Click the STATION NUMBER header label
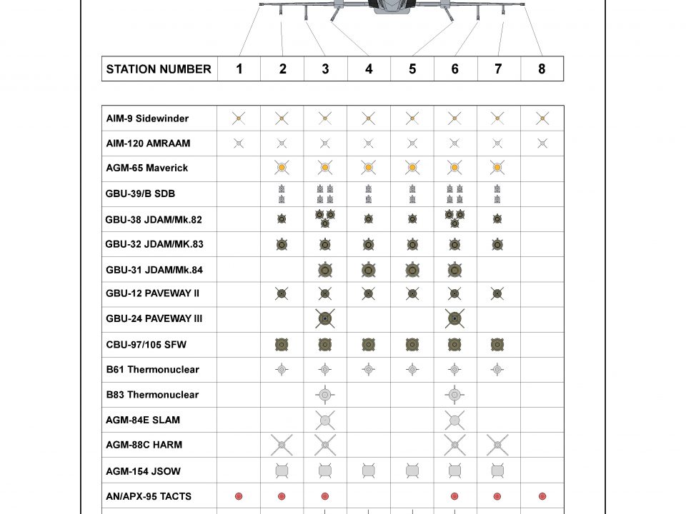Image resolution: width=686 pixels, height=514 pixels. coord(159,69)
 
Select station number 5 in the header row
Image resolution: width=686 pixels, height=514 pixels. coord(412,69)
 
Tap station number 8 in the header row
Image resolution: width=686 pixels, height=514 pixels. coord(542,69)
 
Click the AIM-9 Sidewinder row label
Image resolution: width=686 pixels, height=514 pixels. coord(147,119)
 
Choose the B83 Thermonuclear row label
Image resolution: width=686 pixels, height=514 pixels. coord(152,394)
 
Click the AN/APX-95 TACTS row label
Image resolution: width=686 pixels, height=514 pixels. coord(149,496)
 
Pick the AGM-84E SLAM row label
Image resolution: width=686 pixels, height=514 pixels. coord(144,420)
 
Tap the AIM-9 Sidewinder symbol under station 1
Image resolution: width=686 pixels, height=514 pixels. coord(239,119)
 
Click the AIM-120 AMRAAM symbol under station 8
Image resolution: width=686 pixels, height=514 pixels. coord(542,143)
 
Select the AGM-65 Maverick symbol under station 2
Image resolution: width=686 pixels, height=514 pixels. coord(282,168)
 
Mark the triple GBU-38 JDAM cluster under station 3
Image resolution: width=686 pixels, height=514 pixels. coord(325,218)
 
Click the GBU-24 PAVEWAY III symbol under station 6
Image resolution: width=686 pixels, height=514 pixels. coord(454,318)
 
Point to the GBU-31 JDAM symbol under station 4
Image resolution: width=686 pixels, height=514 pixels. coord(369,269)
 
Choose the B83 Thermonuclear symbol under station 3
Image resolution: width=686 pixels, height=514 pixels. coord(325,394)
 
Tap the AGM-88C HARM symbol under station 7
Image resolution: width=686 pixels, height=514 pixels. coord(497,445)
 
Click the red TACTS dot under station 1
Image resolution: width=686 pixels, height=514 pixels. coord(239,496)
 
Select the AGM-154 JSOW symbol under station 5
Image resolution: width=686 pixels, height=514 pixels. coord(412,470)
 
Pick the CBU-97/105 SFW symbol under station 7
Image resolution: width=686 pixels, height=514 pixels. coord(497,345)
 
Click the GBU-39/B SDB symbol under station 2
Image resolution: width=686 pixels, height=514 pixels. coord(282,194)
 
